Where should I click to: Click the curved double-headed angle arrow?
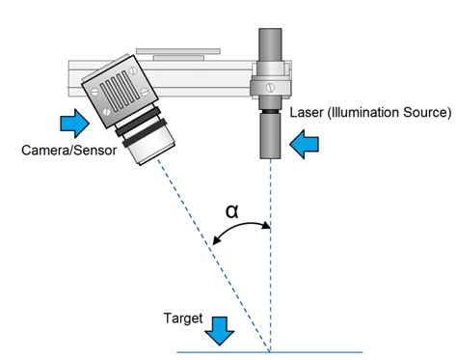click(x=241, y=233)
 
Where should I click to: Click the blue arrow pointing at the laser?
click(x=304, y=145)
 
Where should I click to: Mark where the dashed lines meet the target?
click(x=269, y=350)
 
